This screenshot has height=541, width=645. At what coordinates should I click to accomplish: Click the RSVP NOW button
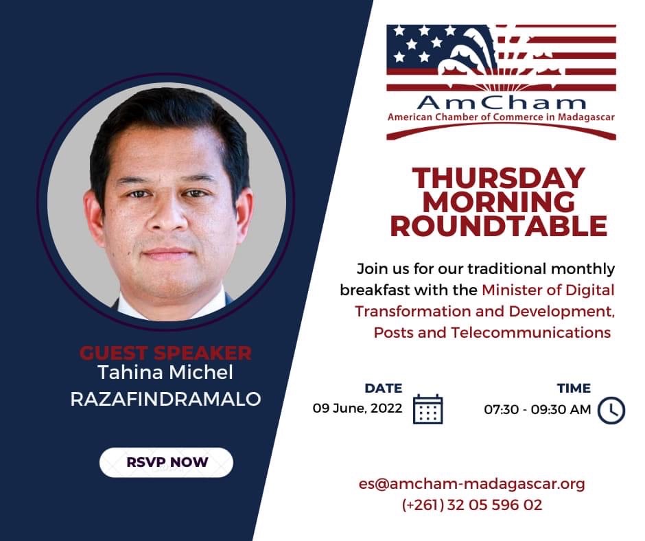pyautogui.click(x=166, y=462)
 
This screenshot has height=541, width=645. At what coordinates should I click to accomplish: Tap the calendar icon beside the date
pyautogui.click(x=427, y=409)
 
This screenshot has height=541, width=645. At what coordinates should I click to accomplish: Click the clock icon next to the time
pyautogui.click(x=611, y=410)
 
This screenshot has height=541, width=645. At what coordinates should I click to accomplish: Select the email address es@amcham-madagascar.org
pyautogui.click(x=472, y=483)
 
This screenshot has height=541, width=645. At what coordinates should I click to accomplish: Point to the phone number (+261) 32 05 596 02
pyautogui.click(x=472, y=505)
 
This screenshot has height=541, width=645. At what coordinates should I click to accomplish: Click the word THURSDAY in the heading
pyautogui.click(x=499, y=178)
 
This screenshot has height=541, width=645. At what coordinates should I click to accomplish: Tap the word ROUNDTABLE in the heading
pyautogui.click(x=499, y=226)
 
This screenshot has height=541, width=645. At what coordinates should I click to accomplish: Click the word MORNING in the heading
pyautogui.click(x=499, y=202)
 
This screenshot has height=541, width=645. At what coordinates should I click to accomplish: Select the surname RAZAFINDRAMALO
pyautogui.click(x=166, y=399)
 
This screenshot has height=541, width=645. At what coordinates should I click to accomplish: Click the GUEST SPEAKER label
pyautogui.click(x=165, y=353)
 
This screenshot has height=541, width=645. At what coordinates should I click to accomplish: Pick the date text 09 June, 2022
pyautogui.click(x=357, y=408)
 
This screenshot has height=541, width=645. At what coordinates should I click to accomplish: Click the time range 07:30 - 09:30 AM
pyautogui.click(x=537, y=410)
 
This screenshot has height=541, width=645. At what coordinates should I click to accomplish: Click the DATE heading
pyautogui.click(x=384, y=389)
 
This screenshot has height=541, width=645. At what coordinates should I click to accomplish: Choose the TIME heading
pyautogui.click(x=574, y=389)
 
